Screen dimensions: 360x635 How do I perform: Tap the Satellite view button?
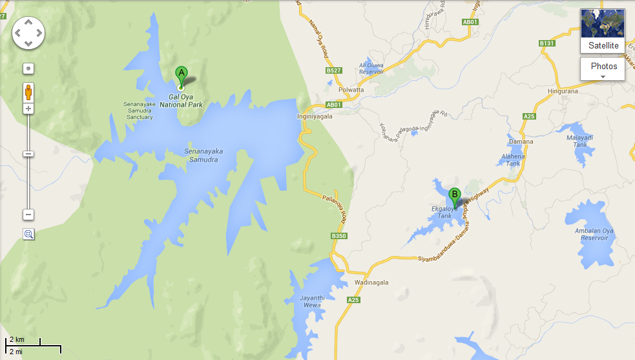click(x=603, y=30)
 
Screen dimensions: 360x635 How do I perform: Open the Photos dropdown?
click(x=603, y=69)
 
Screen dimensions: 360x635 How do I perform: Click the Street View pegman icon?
click(x=28, y=92)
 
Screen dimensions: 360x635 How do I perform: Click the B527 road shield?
click(x=334, y=70)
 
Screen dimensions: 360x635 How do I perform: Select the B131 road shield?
click(x=547, y=43)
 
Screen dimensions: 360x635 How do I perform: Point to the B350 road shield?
click(x=339, y=237)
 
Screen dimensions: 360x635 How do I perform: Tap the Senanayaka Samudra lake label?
click(x=203, y=155)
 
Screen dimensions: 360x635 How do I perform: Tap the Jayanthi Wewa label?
click(x=311, y=301)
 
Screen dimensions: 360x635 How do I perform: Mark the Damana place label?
click(x=521, y=142)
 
